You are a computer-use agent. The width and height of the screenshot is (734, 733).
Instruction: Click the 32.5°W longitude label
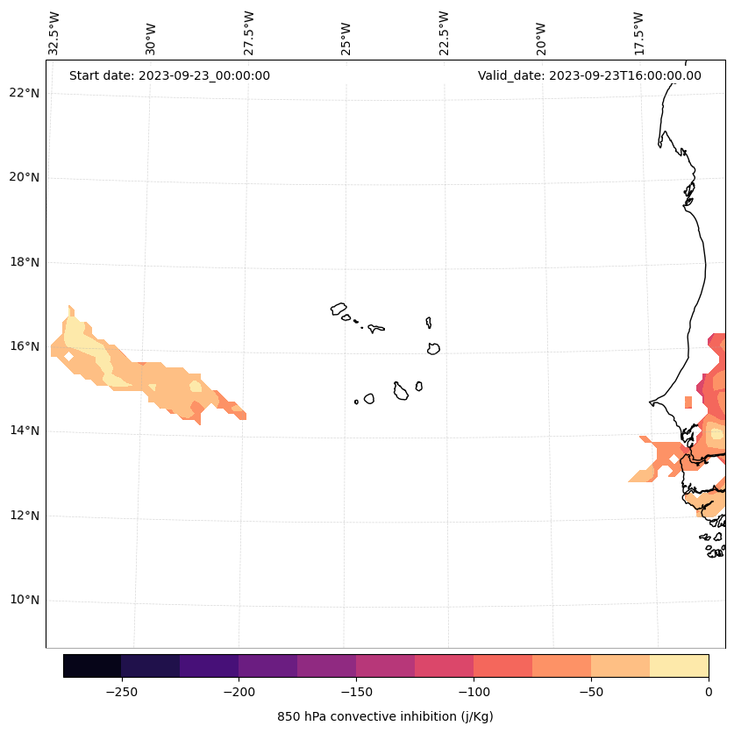coord(54,33)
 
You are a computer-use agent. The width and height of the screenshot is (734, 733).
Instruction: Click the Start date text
coord(169,75)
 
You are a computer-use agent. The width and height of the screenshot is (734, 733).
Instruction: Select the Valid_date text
coord(589,75)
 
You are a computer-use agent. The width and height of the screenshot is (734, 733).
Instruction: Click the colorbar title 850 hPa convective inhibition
coord(385,716)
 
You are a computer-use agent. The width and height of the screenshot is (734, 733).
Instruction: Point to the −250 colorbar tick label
coord(121,692)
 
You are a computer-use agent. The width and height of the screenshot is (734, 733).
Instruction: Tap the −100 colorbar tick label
coord(474,692)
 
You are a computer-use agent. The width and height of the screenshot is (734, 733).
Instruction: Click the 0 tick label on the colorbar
coord(709,692)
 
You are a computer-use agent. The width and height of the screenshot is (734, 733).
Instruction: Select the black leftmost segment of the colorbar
coord(92,665)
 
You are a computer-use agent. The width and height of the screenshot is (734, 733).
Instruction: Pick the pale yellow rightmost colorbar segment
coord(679,665)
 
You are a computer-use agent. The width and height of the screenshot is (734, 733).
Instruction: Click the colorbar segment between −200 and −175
coord(267,665)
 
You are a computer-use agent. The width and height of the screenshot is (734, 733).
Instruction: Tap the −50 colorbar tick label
coord(591,692)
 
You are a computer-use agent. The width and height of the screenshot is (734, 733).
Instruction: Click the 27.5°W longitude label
coord(249,33)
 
